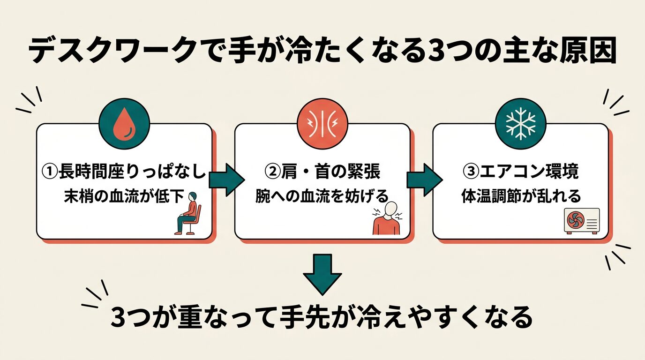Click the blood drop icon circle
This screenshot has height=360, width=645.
coord(124,124)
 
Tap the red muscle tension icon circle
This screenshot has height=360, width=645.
coord(322,124)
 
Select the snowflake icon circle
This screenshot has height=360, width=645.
coord(521,124)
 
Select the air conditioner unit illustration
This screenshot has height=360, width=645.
coord(582,221)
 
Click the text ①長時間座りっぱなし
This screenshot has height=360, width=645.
coord(124,172)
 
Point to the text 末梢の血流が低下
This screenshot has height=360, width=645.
coord(124,196)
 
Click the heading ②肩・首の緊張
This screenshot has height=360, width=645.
coord(322,172)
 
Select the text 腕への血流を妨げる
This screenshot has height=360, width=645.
coord(322,196)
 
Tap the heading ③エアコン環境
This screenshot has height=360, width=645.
coord(521,172)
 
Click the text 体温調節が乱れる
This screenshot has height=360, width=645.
coord(521,196)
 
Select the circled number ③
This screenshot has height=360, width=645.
coord(471,172)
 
